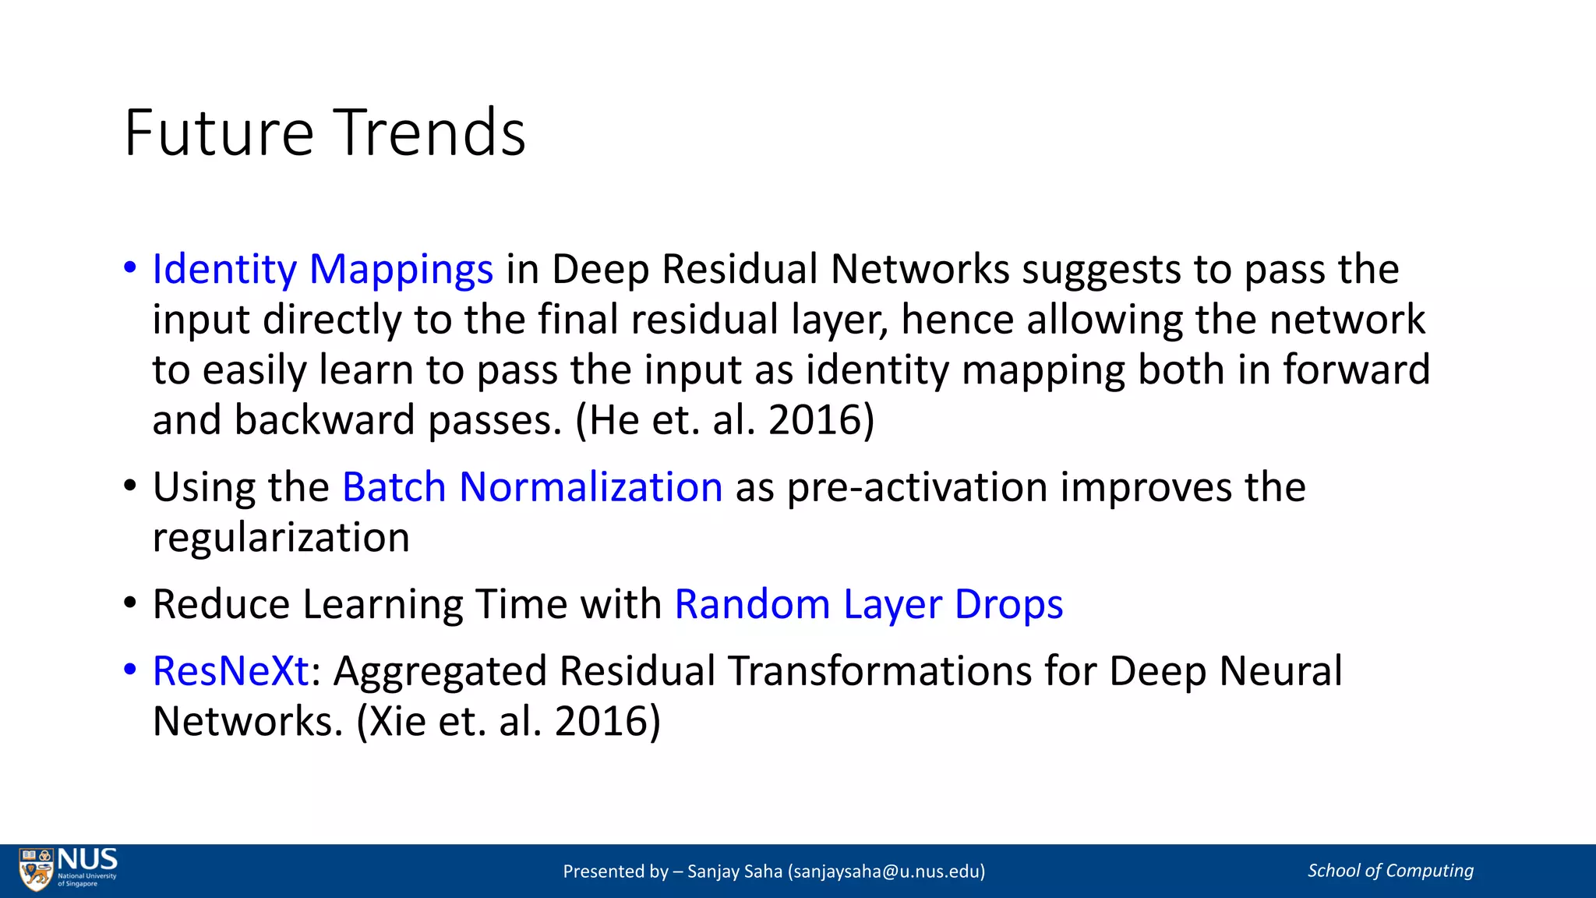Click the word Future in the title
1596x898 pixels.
tap(219, 133)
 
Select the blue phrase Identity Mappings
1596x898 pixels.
tap(323, 270)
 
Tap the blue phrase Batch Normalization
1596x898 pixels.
tap(532, 488)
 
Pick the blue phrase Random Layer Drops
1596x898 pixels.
tap(868, 605)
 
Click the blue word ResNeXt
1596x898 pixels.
tap(231, 671)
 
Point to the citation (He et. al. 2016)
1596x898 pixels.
tap(725, 420)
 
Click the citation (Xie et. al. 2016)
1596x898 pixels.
tap(508, 721)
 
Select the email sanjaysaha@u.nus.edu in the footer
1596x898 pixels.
tap(887, 871)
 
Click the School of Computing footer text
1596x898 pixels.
tap(1390, 871)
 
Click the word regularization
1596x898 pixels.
tap(281, 539)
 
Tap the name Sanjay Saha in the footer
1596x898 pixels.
tap(734, 871)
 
